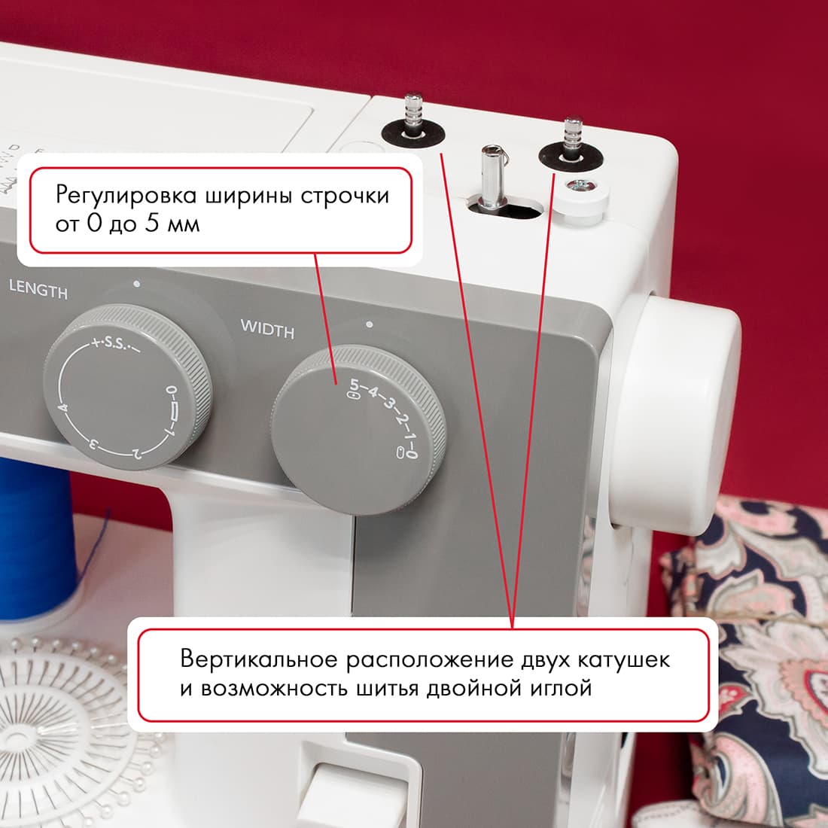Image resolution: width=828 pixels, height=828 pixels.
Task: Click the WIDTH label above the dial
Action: pyautogui.click(x=267, y=329)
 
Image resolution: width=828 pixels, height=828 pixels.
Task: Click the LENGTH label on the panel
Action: pyautogui.click(x=38, y=289)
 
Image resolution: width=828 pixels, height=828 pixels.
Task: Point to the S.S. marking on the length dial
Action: pyautogui.click(x=114, y=344)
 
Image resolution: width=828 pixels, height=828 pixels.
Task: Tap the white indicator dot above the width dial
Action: pyautogui.click(x=368, y=325)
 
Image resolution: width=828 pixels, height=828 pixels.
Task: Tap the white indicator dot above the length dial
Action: pyautogui.click(x=135, y=285)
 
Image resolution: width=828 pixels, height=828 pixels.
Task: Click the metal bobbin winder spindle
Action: pyautogui.click(x=489, y=177)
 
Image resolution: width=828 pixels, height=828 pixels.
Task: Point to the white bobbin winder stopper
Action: pyautogui.click(x=580, y=197)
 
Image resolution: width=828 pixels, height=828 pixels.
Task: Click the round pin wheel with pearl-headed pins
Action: pyautogui.click(x=60, y=723)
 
